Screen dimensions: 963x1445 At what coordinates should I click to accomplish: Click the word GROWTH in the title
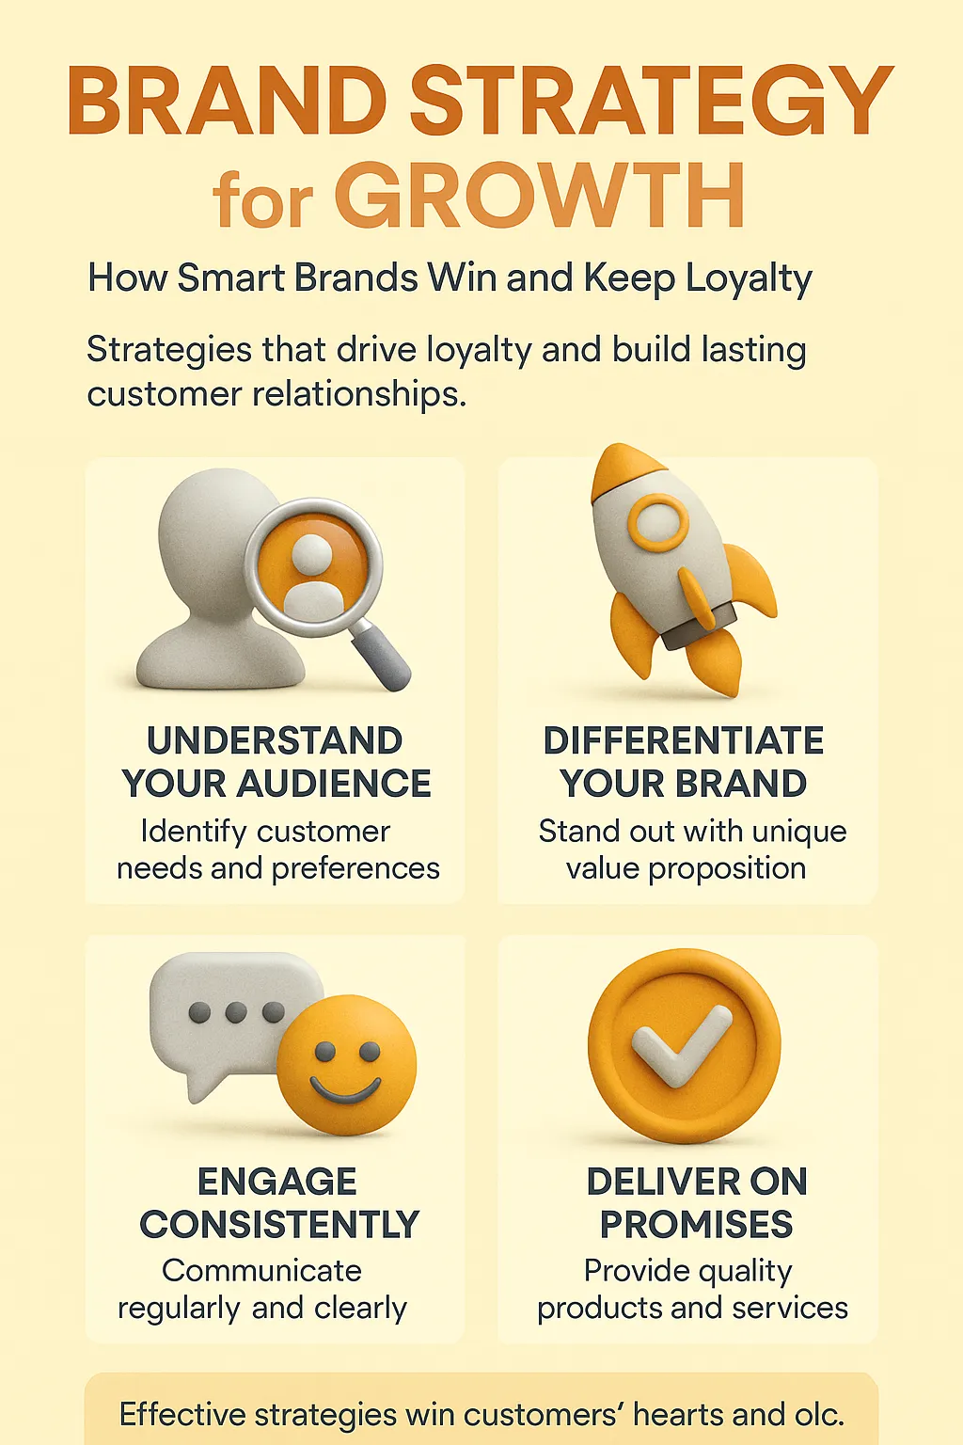pyautogui.click(x=540, y=195)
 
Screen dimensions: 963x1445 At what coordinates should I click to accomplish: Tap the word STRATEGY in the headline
pyautogui.click(x=652, y=101)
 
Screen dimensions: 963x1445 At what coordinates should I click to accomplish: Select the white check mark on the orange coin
pyautogui.click(x=681, y=1045)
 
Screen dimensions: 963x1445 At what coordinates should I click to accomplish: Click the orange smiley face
pyautogui.click(x=346, y=1065)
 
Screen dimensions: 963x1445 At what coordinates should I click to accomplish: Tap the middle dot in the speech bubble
pyautogui.click(x=235, y=1012)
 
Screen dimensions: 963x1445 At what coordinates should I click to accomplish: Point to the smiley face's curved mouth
pyautogui.click(x=345, y=1089)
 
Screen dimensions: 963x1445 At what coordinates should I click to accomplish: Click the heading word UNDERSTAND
pyautogui.click(x=275, y=740)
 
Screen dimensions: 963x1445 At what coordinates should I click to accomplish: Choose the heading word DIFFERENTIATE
pyautogui.click(x=684, y=740)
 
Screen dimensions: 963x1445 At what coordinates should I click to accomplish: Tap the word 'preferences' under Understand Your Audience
pyautogui.click(x=355, y=869)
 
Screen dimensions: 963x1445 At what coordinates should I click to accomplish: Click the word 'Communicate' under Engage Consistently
pyautogui.click(x=261, y=1271)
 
